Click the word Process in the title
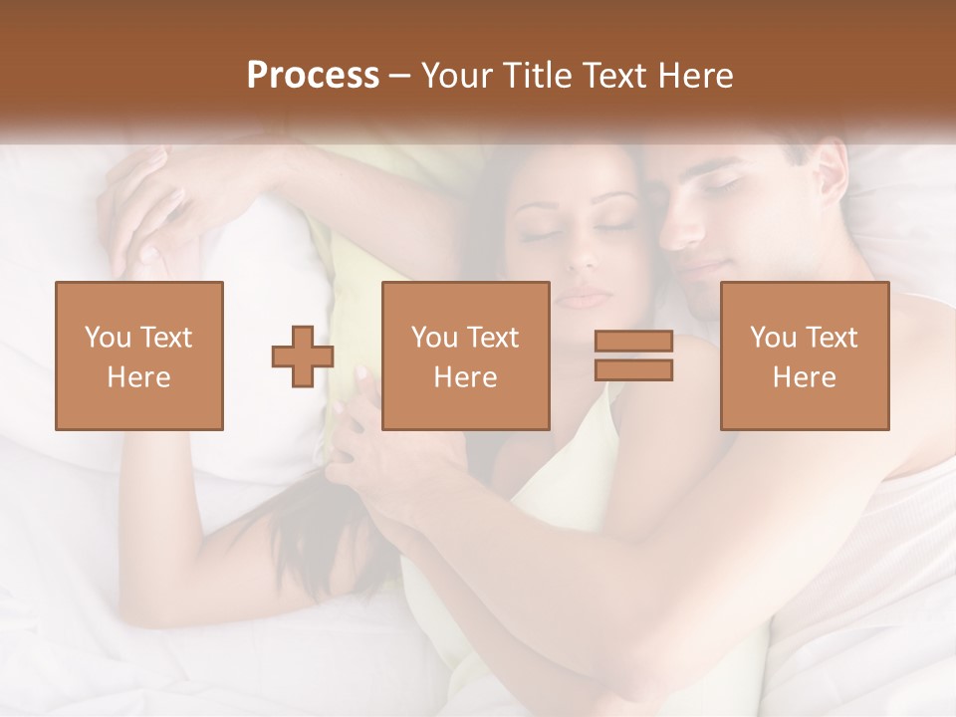click(x=313, y=76)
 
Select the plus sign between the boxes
click(x=303, y=357)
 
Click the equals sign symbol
click(x=633, y=357)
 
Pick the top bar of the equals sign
click(x=633, y=343)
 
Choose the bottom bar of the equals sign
click(x=633, y=370)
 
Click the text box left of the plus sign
click(x=138, y=357)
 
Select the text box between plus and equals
click(x=465, y=357)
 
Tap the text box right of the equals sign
click(x=805, y=357)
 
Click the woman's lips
click(x=586, y=297)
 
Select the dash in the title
click(x=399, y=76)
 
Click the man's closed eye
click(x=725, y=185)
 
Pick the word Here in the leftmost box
click(x=138, y=377)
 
